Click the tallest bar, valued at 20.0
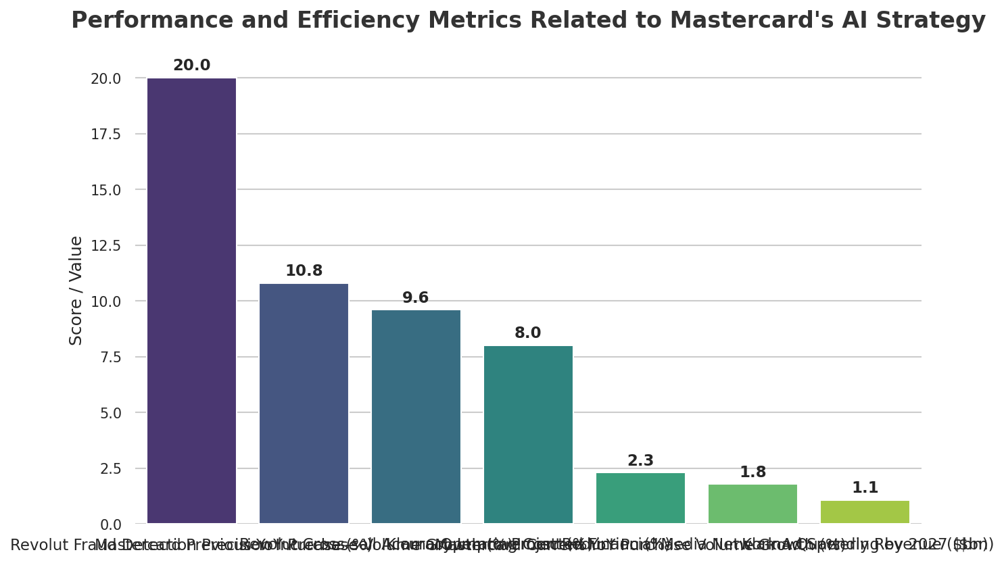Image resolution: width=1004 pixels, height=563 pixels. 191,301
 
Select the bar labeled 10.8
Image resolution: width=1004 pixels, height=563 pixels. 304,403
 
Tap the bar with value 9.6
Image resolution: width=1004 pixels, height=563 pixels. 416,416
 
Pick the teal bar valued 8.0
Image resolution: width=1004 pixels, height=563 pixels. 528,435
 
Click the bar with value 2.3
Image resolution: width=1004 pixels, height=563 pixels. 640,498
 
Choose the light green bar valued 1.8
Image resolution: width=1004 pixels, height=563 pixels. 752,504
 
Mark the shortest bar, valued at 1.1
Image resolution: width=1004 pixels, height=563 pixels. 865,512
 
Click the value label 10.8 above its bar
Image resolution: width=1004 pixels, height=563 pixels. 304,271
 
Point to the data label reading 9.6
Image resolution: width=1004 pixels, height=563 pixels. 416,298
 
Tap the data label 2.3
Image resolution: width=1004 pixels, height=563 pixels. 640,461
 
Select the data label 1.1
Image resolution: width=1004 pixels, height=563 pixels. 865,488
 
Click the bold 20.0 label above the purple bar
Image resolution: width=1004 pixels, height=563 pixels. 191,66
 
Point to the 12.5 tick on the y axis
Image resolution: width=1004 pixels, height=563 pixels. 105,246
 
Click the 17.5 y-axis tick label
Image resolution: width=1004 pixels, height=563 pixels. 105,134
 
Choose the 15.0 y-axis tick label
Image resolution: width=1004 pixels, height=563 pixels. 105,190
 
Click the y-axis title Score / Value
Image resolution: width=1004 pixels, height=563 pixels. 76,291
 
